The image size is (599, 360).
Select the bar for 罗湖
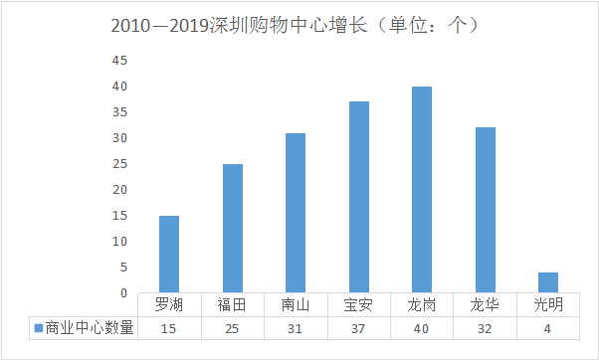tap(169, 254)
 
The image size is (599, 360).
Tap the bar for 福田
tap(232, 228)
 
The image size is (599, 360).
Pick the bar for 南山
tap(296, 213)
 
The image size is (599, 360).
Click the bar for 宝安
tap(358, 197)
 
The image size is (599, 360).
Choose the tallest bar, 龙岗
tap(422, 189)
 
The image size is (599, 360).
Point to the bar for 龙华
tap(485, 210)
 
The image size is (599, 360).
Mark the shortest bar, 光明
tap(548, 282)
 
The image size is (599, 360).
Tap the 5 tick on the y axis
tap(123, 268)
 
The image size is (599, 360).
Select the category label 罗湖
tap(169, 305)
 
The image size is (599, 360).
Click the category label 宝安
tap(358, 305)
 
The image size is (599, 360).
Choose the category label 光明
tap(548, 305)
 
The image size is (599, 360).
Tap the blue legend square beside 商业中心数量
tap(38, 327)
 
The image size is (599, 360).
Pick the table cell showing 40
tap(422, 327)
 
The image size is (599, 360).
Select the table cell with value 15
tap(169, 327)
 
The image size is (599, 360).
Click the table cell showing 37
tap(358, 327)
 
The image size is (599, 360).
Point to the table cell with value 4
tap(548, 327)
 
